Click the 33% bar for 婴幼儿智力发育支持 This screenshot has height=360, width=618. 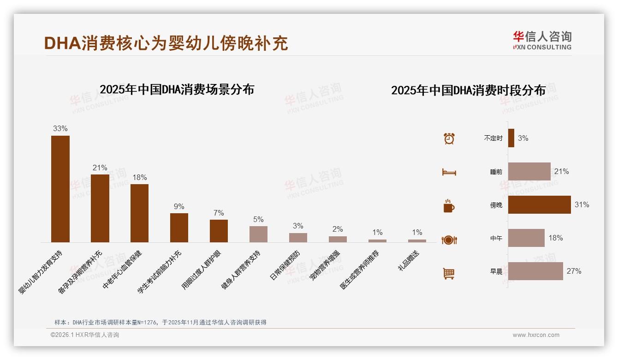point(60,189)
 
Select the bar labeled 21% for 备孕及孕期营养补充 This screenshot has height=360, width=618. point(100,208)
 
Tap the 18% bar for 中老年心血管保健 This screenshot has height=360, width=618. point(139,213)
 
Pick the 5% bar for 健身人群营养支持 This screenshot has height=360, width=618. point(258,234)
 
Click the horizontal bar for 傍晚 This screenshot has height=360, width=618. point(539,204)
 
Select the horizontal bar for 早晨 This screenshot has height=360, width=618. point(535,271)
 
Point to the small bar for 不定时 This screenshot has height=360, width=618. point(511,138)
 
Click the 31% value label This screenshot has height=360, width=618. point(582,204)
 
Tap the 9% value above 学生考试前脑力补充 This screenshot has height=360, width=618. point(179,206)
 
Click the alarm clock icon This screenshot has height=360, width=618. point(449,138)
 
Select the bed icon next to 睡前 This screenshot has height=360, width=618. point(449,172)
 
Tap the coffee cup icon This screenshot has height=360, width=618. point(449,206)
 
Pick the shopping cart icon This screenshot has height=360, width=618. point(449,273)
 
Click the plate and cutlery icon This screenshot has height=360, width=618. point(449,240)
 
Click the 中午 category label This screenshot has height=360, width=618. point(496,238)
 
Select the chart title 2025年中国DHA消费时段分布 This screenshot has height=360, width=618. point(468,90)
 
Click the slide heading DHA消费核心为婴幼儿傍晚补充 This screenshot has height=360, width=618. point(166,43)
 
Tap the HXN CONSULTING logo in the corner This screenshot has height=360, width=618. point(542,40)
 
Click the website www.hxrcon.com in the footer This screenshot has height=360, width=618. point(536,335)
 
